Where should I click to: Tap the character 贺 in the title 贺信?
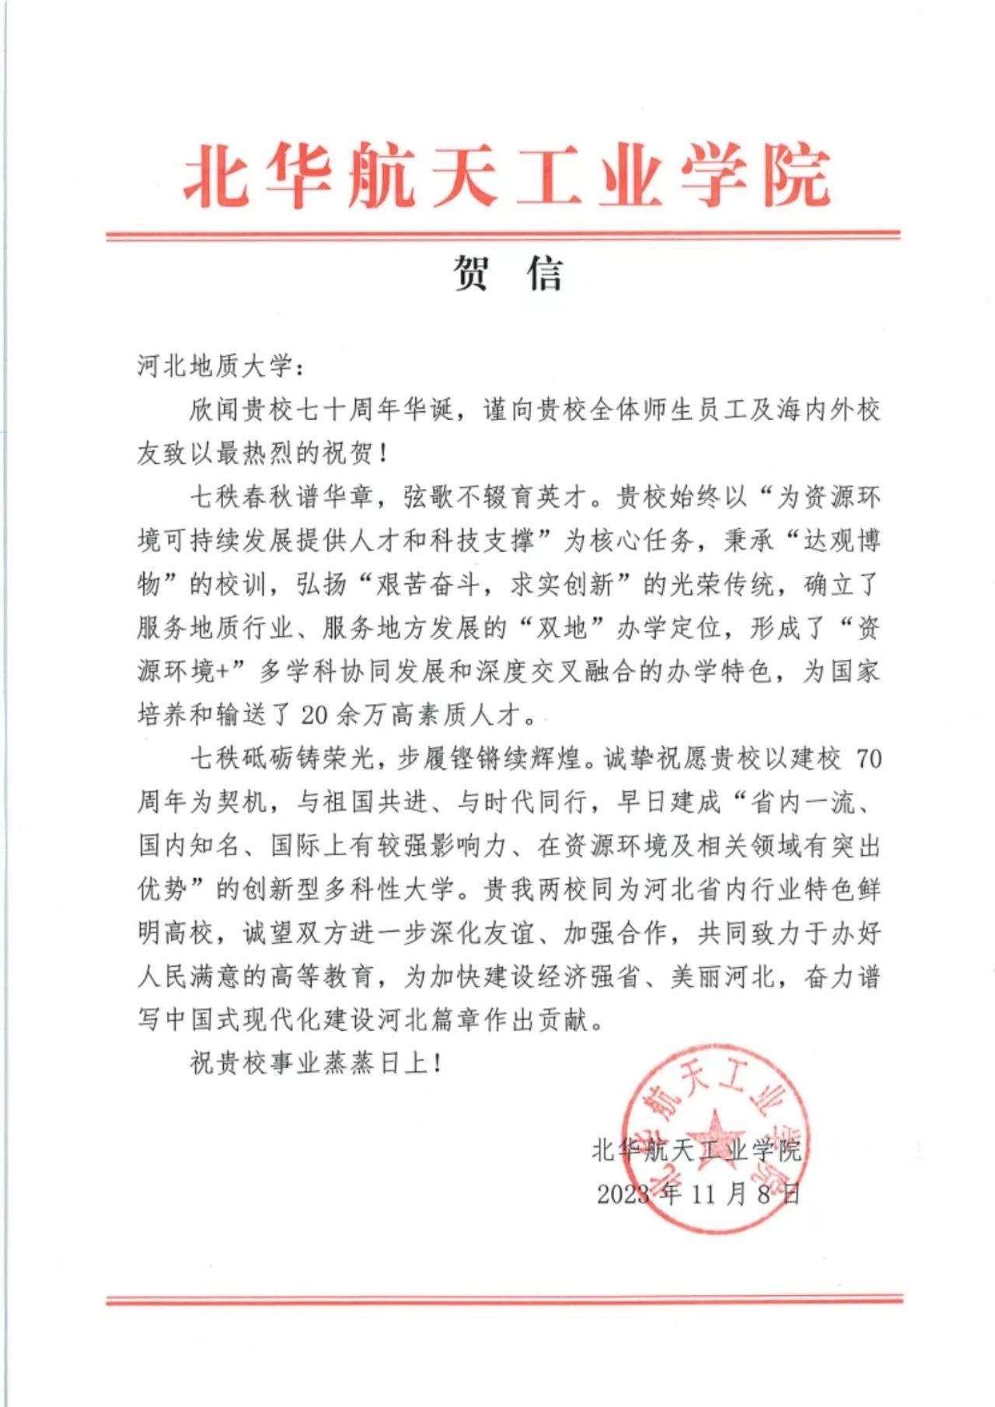[x=472, y=274]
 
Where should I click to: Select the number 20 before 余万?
[x=319, y=714]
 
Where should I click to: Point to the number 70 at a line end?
[x=868, y=758]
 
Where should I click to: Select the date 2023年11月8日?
[x=698, y=1193]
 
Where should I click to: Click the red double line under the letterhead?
[x=503, y=235]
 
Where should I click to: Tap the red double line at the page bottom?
[x=504, y=1299]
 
